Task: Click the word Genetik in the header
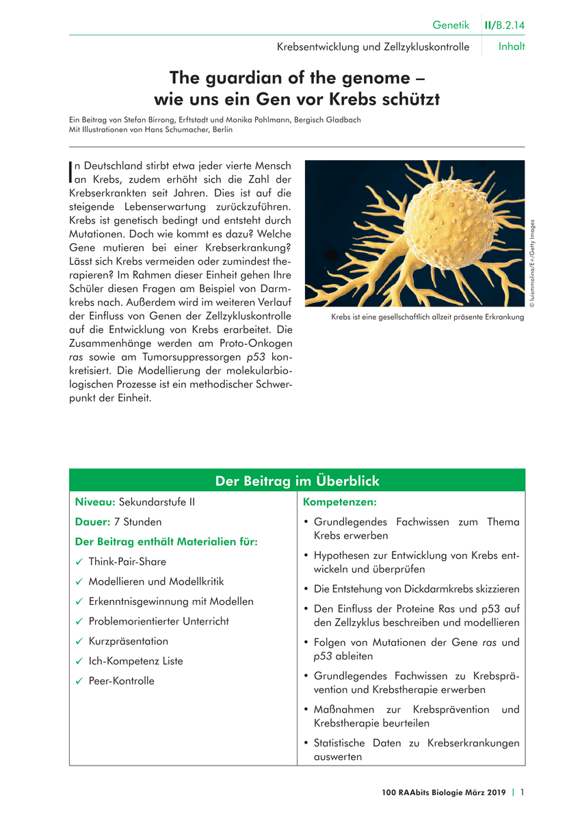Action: [x=451, y=25]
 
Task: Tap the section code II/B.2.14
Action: [x=505, y=25]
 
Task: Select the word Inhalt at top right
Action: [x=512, y=47]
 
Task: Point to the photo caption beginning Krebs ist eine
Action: [x=427, y=317]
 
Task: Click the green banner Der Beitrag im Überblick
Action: [x=297, y=481]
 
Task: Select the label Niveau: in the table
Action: [x=95, y=502]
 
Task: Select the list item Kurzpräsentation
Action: [x=128, y=642]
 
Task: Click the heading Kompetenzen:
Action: [x=340, y=502]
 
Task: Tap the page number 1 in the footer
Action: [x=522, y=792]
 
